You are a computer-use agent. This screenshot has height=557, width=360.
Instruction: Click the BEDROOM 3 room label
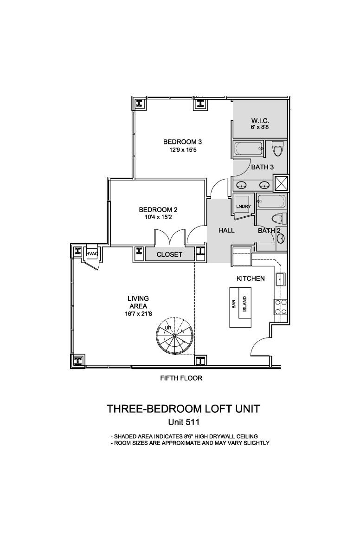tap(182, 142)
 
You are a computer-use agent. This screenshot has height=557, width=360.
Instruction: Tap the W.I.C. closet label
tap(260, 121)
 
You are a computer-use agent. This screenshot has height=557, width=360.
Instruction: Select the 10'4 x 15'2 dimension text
tap(158, 217)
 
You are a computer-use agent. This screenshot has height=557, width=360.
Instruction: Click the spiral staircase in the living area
tap(174, 336)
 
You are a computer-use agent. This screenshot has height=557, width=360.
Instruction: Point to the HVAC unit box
tap(92, 253)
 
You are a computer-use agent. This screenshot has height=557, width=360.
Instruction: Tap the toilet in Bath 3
tap(276, 149)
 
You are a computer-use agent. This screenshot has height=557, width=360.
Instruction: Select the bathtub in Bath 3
tap(250, 149)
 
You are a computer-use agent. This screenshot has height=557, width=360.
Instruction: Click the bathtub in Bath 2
tap(271, 201)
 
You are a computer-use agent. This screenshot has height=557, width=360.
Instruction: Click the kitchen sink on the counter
tap(280, 279)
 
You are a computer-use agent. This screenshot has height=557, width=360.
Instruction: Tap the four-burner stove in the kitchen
tap(280, 307)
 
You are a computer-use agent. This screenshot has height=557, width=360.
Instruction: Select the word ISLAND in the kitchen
tap(245, 304)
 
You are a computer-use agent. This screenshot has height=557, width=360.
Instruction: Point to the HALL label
tap(226, 231)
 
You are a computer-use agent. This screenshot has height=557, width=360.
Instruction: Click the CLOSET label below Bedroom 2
tap(169, 254)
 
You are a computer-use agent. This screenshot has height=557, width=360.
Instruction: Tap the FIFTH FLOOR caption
tap(181, 378)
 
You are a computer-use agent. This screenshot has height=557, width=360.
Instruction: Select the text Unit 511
tap(184, 422)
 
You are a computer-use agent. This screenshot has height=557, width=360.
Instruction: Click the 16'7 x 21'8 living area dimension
tap(138, 314)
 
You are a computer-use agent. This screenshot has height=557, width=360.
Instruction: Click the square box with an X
tap(281, 183)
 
